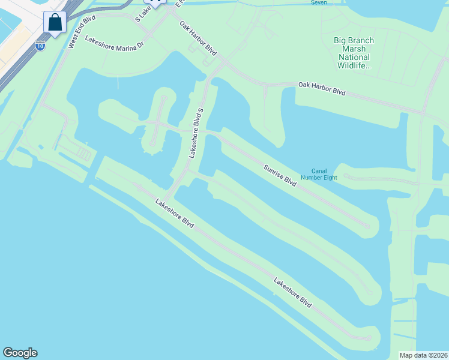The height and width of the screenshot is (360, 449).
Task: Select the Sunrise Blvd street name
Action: coord(280,175)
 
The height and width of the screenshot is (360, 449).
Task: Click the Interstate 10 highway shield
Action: coord(40,46)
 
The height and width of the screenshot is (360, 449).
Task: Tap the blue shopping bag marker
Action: coord(55,23)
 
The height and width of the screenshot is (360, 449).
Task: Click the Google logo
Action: coord(20,353)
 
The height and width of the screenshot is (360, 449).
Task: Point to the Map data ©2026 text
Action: coord(423,355)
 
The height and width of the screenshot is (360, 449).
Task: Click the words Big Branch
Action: coord(354,40)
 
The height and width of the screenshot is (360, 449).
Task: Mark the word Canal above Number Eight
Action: coord(319,170)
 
